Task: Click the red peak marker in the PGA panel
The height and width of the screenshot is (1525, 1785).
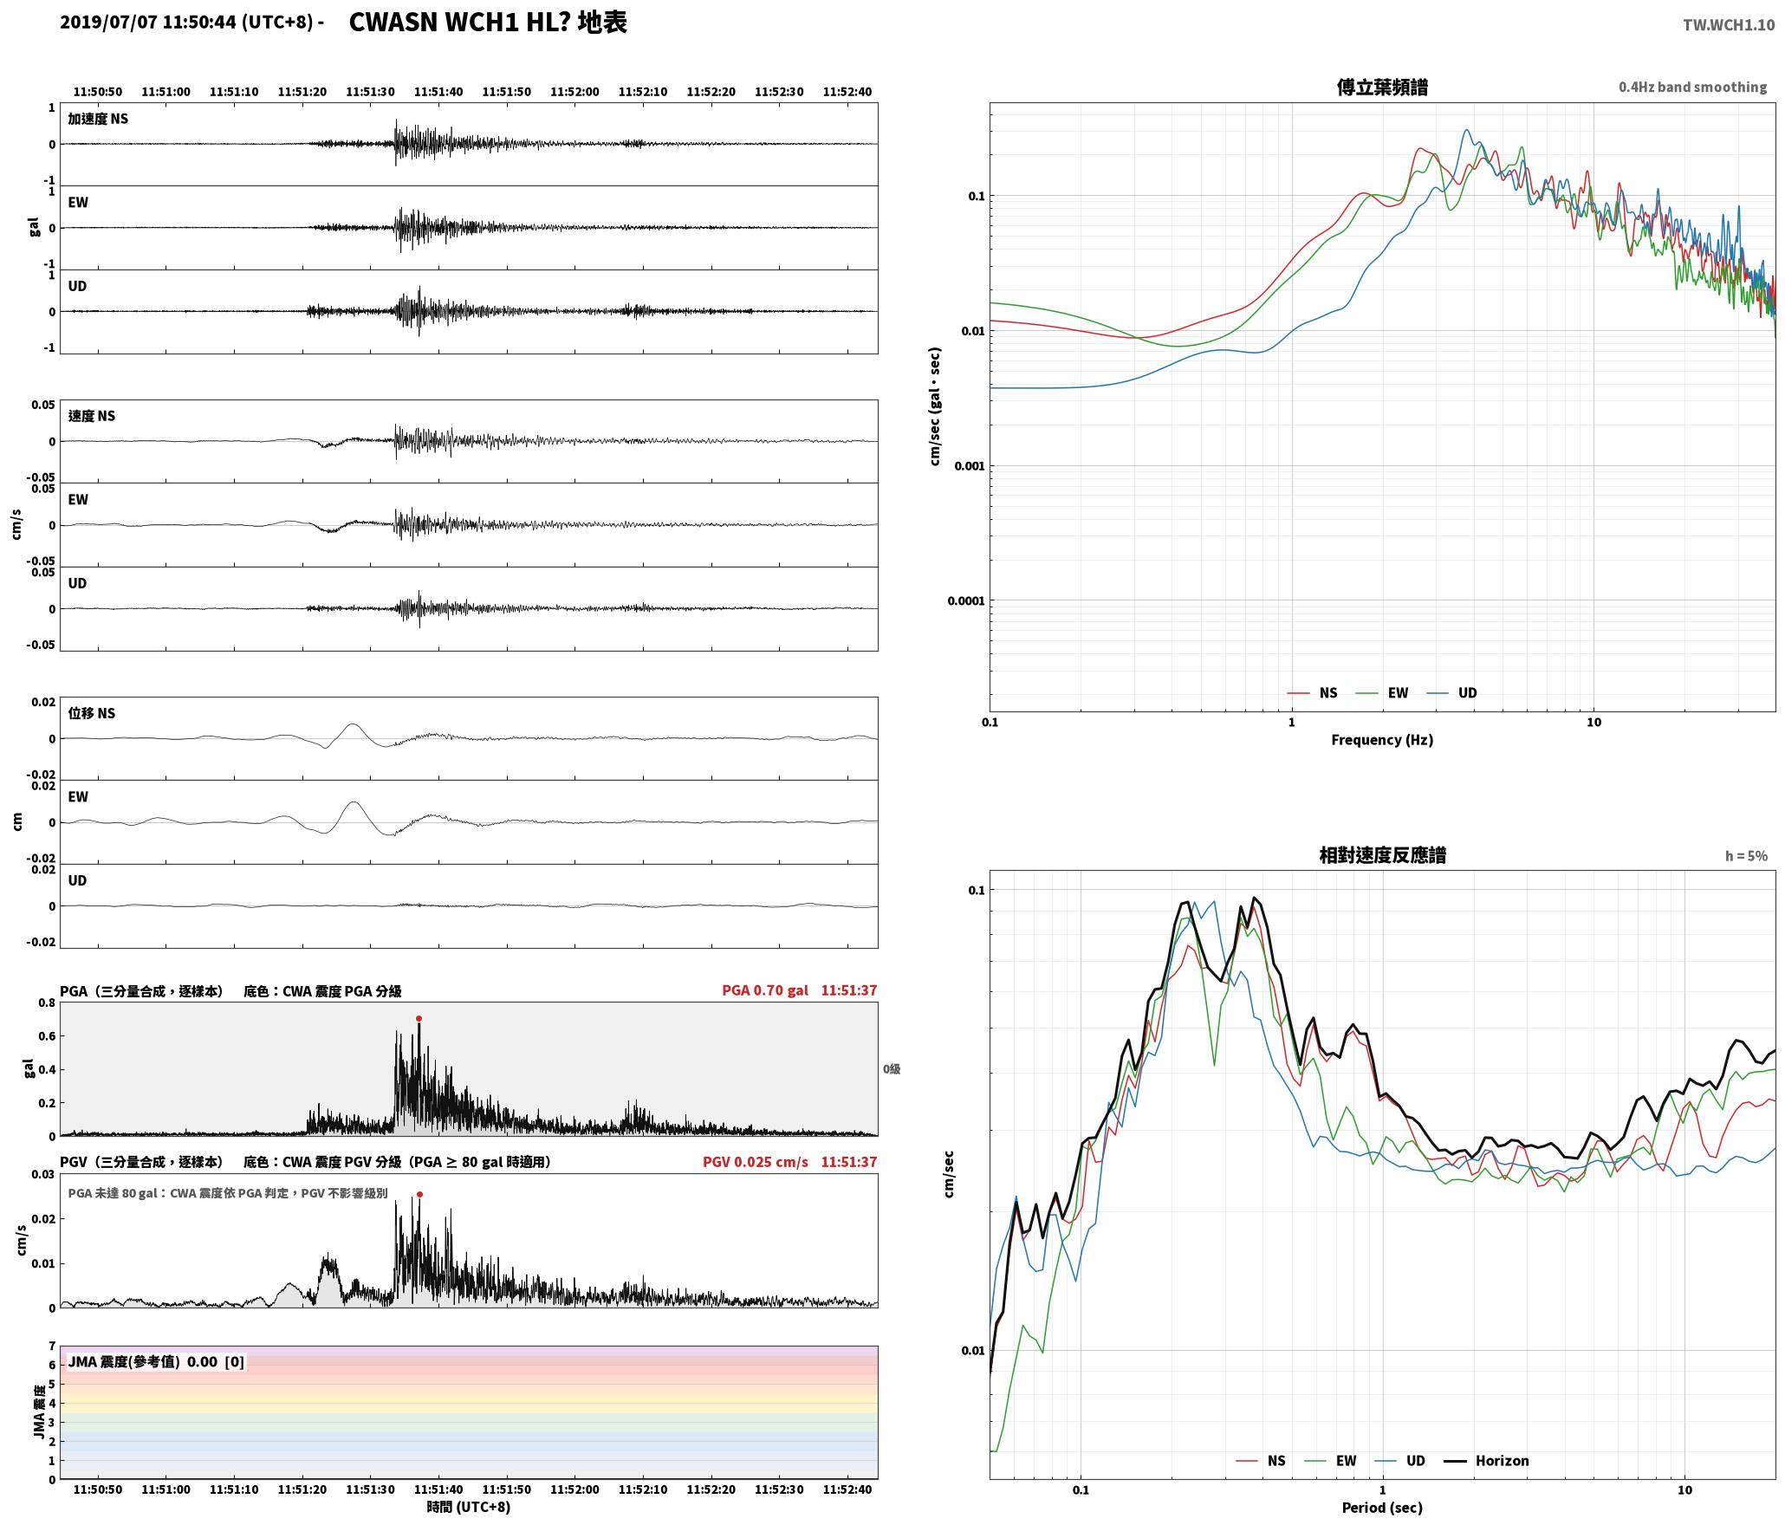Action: click(x=419, y=1019)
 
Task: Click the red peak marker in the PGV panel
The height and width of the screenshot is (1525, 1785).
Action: click(x=419, y=1194)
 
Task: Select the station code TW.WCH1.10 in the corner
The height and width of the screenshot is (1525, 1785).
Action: click(x=1729, y=25)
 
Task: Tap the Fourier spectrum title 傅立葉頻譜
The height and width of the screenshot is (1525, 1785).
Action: click(x=1382, y=87)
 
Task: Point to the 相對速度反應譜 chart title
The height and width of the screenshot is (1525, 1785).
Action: click(x=1382, y=855)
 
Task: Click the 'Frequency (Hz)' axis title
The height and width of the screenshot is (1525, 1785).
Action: click(x=1382, y=740)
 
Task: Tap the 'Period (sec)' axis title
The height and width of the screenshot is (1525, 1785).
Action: click(x=1382, y=1508)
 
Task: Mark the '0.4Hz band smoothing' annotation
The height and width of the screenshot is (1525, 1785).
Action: click(x=1692, y=88)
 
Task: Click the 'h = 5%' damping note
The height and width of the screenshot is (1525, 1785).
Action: click(x=1746, y=856)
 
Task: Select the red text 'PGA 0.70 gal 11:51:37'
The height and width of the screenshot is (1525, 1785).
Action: click(x=799, y=990)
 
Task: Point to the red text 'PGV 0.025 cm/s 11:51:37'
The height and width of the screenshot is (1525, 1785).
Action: click(x=789, y=1162)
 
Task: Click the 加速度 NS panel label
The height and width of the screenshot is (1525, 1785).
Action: click(x=98, y=119)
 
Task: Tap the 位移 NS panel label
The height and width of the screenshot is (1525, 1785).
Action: click(x=92, y=713)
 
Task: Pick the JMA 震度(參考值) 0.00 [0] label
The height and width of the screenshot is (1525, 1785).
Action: click(x=156, y=1361)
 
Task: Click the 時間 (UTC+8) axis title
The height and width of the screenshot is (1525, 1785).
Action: click(x=468, y=1507)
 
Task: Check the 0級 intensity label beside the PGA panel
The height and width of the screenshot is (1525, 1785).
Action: click(x=892, y=1069)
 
